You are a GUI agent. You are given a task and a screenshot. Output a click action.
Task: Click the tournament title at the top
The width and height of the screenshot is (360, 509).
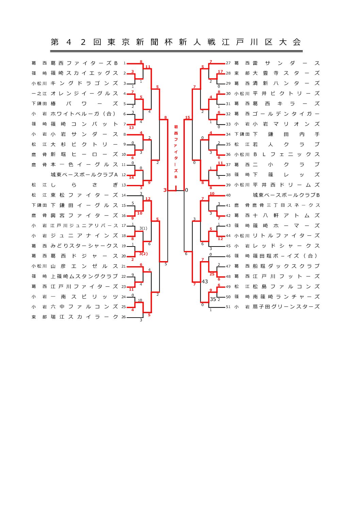click(x=176, y=42)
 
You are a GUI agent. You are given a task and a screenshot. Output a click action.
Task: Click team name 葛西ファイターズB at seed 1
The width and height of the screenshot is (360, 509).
click(x=84, y=63)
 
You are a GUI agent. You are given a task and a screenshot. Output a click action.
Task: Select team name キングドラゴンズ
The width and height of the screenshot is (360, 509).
click(x=84, y=83)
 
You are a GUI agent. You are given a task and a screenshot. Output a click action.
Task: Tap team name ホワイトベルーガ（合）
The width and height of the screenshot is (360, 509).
click(x=84, y=114)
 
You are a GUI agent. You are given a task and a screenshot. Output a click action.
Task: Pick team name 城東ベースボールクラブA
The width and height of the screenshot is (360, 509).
click(x=84, y=175)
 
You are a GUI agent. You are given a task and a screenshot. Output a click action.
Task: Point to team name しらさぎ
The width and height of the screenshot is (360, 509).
click(x=84, y=185)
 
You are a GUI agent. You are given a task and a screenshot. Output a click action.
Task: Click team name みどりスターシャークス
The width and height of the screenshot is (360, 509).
click(x=84, y=246)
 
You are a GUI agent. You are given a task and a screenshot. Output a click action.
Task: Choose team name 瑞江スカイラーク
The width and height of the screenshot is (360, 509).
click(x=84, y=317)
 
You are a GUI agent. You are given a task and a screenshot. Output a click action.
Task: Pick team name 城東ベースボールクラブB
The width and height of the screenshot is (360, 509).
click(x=286, y=195)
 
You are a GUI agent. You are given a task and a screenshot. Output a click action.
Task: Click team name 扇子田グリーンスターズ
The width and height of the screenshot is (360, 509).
click(x=286, y=307)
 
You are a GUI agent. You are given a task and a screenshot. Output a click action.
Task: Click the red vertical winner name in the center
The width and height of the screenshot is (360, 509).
click(x=176, y=152)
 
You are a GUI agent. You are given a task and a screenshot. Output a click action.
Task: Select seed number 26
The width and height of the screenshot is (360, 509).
click(x=124, y=317)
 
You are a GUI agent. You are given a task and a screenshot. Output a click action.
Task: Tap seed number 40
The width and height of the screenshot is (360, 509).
click(x=228, y=196)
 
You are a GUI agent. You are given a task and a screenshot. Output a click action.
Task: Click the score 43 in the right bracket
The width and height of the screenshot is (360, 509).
click(x=204, y=282)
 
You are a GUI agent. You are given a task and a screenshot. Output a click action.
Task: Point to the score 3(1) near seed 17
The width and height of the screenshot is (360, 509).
click(x=143, y=228)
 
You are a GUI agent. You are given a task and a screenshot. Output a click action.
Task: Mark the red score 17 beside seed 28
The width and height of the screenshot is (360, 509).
click(x=220, y=72)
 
